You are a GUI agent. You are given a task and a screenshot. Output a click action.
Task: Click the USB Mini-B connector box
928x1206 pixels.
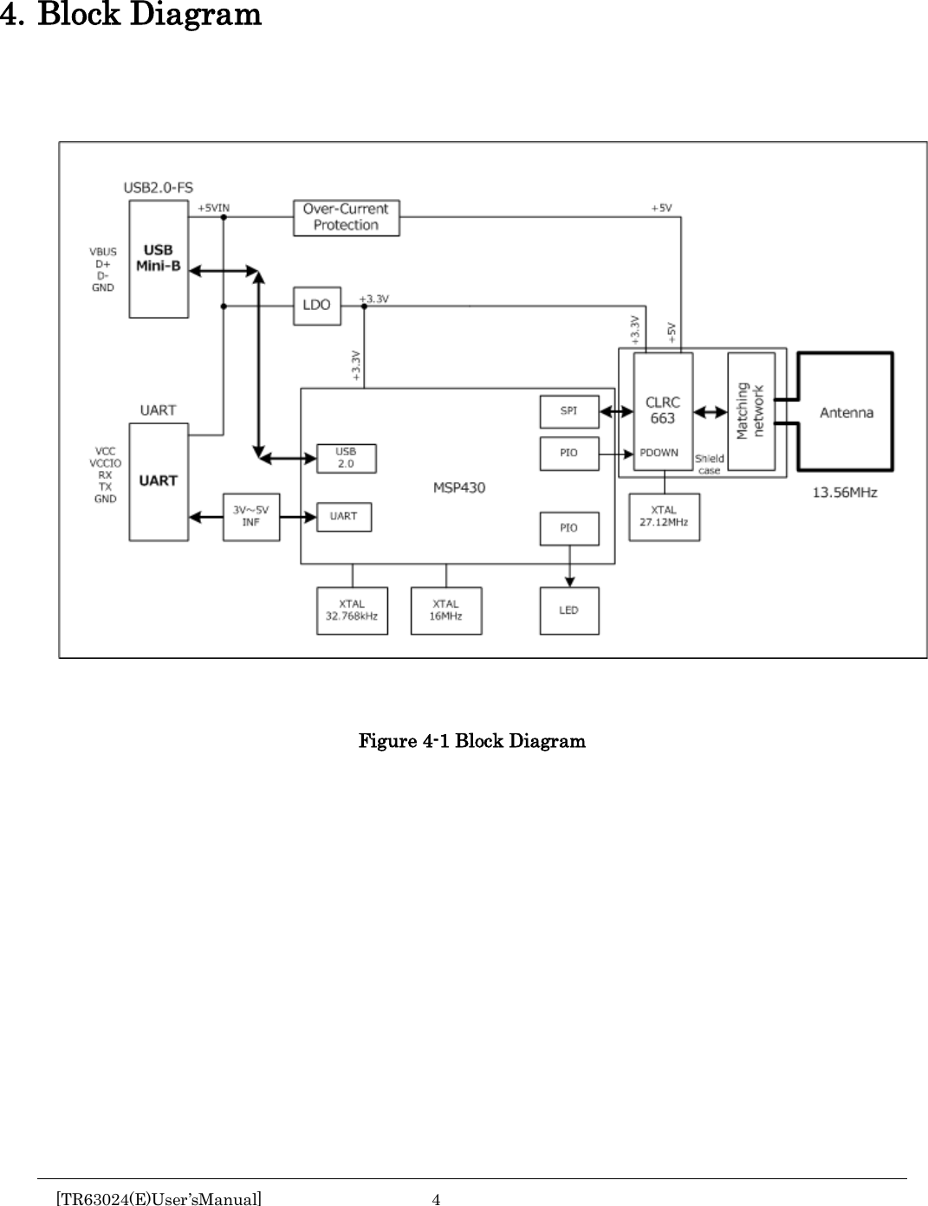[x=159, y=259]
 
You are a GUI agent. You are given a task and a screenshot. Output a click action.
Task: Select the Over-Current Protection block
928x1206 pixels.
[x=347, y=217]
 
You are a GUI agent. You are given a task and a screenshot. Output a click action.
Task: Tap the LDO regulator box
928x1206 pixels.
[x=317, y=306]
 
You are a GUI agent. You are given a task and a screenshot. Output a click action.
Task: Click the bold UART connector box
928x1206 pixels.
[x=159, y=481]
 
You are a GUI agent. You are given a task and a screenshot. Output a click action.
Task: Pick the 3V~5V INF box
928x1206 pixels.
[x=251, y=517]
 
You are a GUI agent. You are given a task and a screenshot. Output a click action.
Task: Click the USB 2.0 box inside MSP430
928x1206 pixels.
[x=346, y=458]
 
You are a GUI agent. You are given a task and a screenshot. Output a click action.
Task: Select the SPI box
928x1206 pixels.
[x=568, y=411]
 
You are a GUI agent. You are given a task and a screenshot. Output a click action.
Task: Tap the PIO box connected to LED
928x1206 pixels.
[x=568, y=528]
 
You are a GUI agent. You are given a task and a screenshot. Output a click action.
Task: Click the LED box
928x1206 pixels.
[x=568, y=610]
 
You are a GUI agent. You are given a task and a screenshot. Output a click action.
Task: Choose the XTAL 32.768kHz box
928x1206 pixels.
[x=352, y=610]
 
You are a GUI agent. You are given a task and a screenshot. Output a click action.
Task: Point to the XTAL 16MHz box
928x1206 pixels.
[x=446, y=610]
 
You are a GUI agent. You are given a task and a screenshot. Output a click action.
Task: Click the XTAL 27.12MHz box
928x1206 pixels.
[x=664, y=517]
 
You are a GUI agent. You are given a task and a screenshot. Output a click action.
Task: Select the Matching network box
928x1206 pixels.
[x=751, y=411]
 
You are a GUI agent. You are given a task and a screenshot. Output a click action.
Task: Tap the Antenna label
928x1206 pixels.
[x=847, y=413]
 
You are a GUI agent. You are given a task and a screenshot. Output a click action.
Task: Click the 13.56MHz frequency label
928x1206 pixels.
[x=844, y=493]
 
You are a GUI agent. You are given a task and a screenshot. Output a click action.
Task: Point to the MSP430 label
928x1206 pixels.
[x=459, y=487]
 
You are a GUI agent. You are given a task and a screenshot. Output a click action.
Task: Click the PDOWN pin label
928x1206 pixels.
[x=659, y=453]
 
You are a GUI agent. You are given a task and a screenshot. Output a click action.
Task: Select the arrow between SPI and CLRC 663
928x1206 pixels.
[x=616, y=412]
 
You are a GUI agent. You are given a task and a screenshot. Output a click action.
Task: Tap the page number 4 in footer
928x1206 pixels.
[x=437, y=1199]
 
